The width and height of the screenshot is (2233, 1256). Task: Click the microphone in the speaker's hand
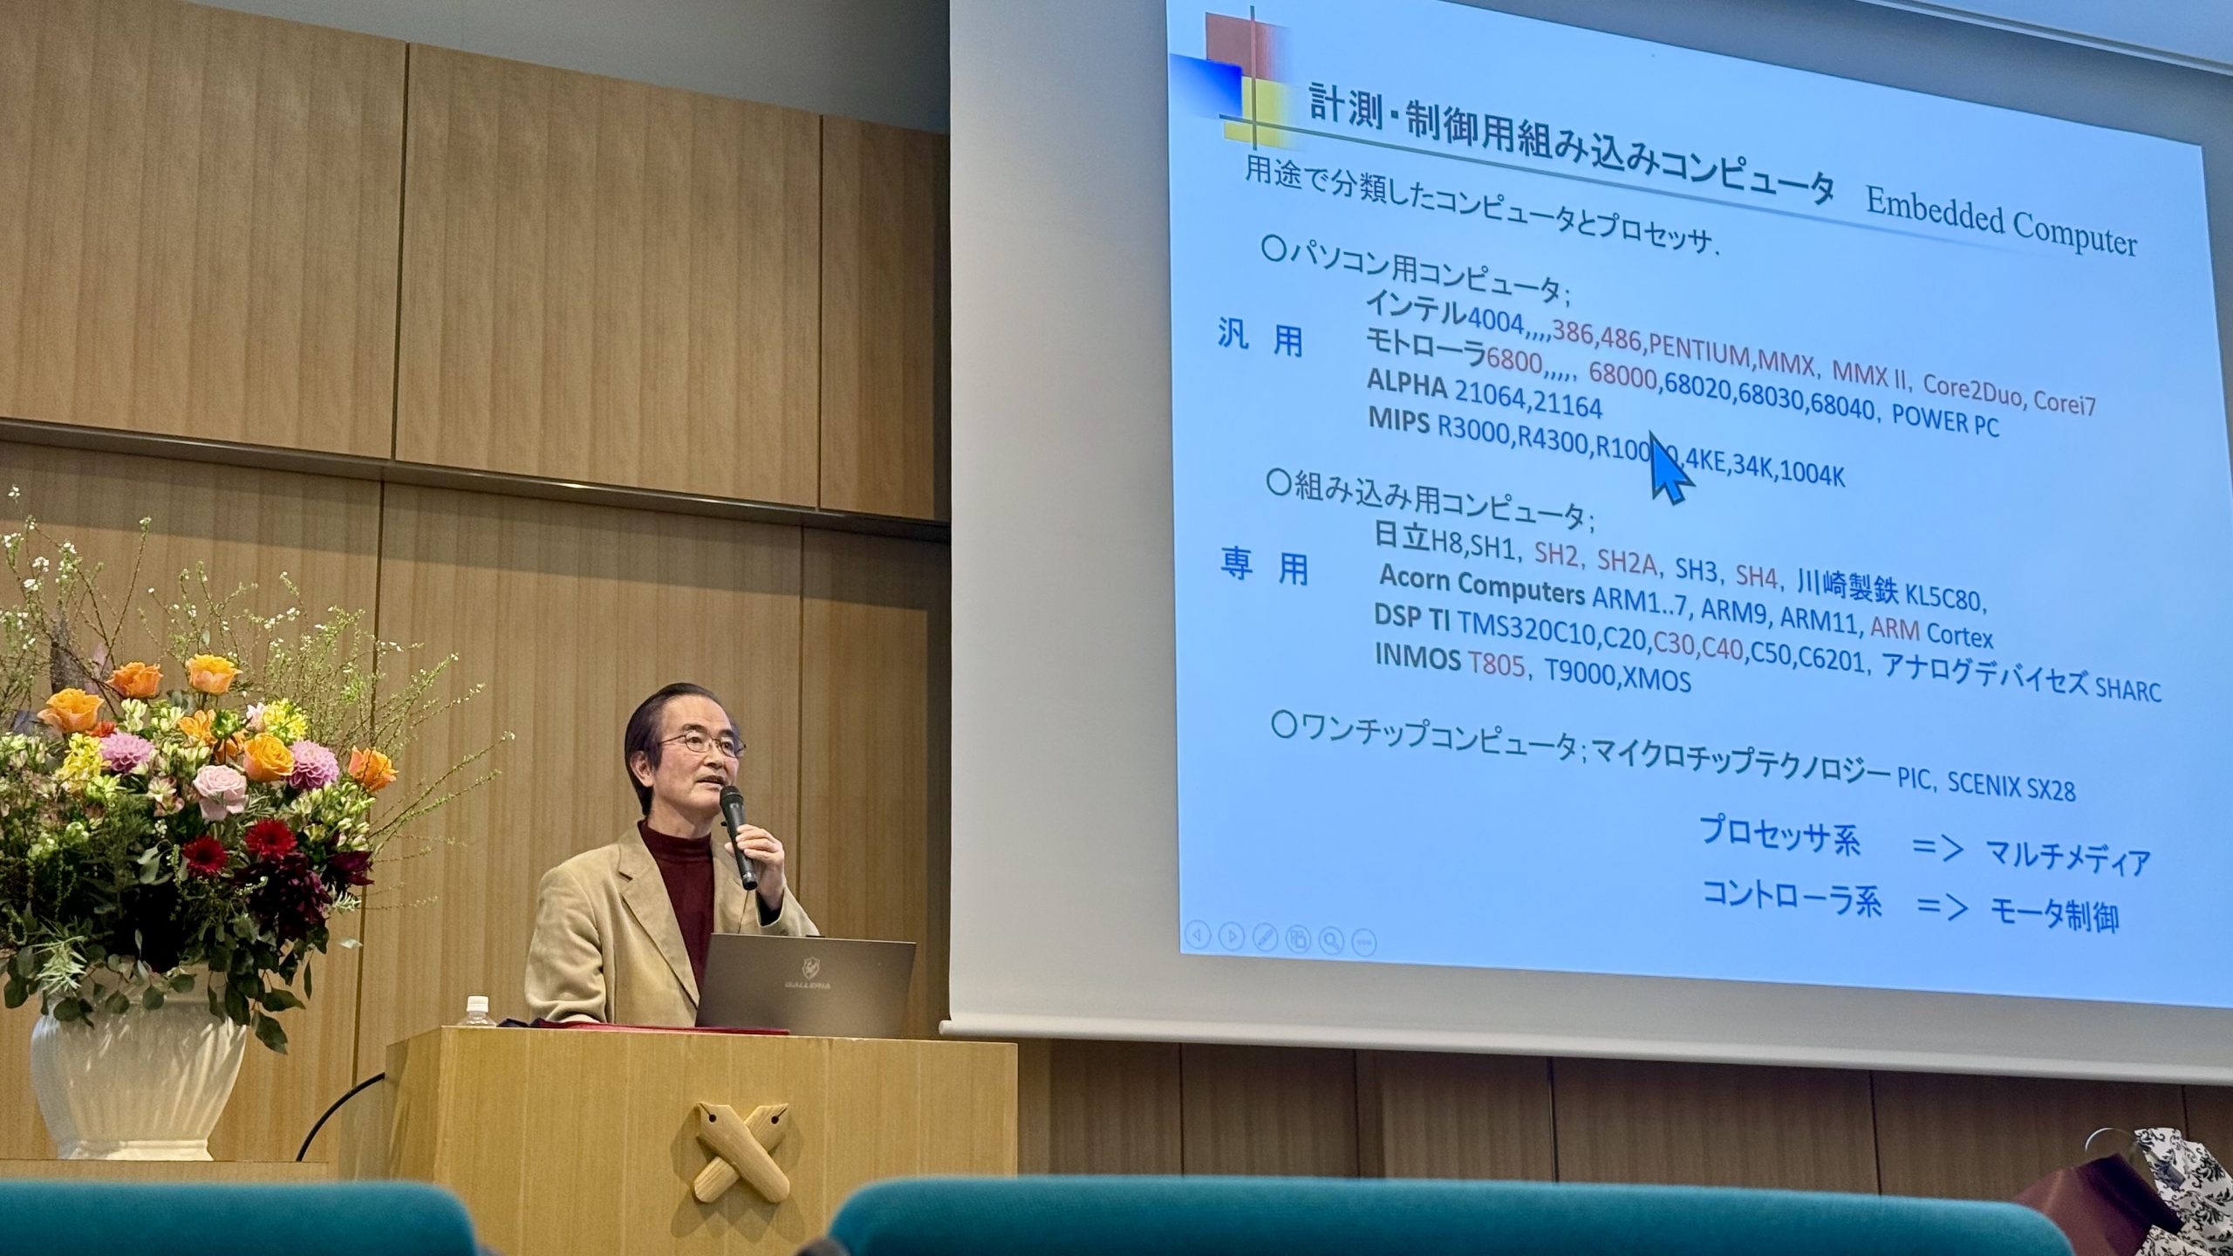tap(738, 835)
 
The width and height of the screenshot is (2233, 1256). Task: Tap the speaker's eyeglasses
tap(702, 743)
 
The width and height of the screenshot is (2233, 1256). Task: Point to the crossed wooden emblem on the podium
tap(741, 1150)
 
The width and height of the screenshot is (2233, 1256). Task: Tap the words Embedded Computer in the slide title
tap(2001, 223)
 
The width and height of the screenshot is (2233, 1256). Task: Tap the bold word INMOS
tap(1417, 656)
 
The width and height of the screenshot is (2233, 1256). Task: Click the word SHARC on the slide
tap(2127, 689)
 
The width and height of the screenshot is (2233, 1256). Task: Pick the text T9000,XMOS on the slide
tap(1618, 675)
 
